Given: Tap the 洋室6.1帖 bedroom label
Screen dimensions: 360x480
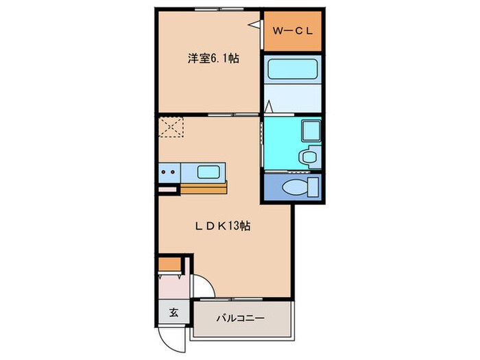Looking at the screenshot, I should click(x=213, y=59).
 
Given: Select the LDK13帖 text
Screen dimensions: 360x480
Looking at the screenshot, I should click(x=221, y=226).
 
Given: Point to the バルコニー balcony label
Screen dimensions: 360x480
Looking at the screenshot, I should click(x=241, y=319).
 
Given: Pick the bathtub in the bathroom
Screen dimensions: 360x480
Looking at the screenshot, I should click(x=292, y=71).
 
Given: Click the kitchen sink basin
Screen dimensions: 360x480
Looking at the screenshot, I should click(x=207, y=171).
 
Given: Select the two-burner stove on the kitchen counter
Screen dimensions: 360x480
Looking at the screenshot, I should click(x=170, y=171).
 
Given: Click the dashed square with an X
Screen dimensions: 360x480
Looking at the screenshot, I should click(x=171, y=127).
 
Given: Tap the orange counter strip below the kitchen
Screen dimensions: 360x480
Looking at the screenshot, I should click(x=203, y=187).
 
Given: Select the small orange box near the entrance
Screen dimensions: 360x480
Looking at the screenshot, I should click(x=169, y=263).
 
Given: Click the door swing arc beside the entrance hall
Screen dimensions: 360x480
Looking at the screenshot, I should click(x=201, y=287).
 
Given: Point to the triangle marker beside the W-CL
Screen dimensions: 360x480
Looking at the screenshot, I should click(x=255, y=25).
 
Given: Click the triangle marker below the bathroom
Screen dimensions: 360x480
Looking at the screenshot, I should click(x=269, y=107).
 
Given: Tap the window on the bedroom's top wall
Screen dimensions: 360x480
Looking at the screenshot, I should click(x=210, y=10).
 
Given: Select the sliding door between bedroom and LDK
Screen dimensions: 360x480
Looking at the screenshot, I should click(x=226, y=112).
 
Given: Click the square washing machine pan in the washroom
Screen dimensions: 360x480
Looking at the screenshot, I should click(x=309, y=130).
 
